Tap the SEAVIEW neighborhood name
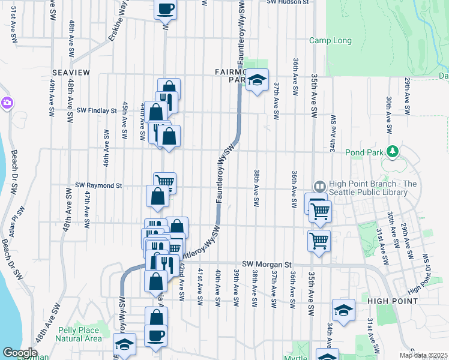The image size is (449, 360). pyautogui.click(x=71, y=73)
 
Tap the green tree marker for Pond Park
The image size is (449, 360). pyautogui.click(x=393, y=151)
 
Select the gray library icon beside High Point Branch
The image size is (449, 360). pyautogui.click(x=319, y=187)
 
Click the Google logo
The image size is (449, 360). pyautogui.click(x=20, y=353)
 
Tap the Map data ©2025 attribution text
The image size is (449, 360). pyautogui.click(x=424, y=355)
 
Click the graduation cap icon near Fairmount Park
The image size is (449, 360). pyautogui.click(x=256, y=80)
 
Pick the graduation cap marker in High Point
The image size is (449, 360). pyautogui.click(x=343, y=310)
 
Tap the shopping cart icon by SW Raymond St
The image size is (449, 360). pyautogui.click(x=164, y=182)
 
